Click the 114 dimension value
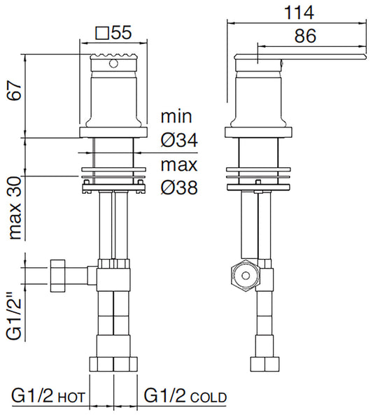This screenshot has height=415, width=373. coord(299,13)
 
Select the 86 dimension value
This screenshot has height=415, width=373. coord(305,36)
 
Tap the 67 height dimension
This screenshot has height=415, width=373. coord(14,91)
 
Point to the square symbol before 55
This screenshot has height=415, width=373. coord(102,33)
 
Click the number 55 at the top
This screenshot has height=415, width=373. coord(121,33)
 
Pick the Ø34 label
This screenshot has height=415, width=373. coord(179,140)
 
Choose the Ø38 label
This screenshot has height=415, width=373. coord(179,188)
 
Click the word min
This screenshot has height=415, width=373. coord(176,116)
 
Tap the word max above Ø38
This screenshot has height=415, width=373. coord(179,164)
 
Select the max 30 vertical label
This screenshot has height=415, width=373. coord(15,208)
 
